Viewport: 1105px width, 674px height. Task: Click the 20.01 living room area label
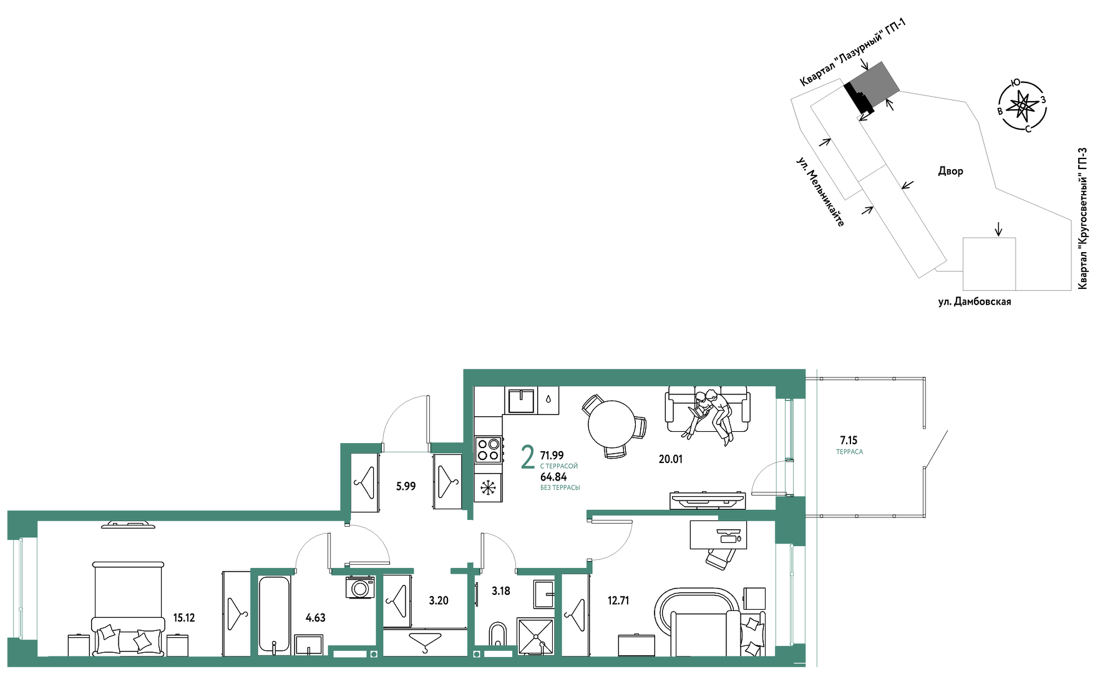coord(671,459)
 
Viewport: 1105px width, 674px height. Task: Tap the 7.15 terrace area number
coord(849,440)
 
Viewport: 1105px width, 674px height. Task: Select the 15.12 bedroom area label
coord(184,618)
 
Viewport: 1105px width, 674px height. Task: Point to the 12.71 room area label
coord(618,600)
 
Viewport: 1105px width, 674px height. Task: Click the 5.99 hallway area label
coord(406,486)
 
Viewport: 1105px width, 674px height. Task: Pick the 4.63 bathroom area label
coord(316,618)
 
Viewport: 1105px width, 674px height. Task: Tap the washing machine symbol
coord(360,587)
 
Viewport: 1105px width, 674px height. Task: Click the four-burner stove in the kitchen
coord(489,449)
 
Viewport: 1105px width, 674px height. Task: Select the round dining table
coord(611,424)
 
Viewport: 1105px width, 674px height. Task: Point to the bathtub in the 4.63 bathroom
coord(274,615)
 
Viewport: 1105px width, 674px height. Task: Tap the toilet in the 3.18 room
coord(497,637)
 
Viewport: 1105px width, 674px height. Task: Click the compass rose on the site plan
coord(1022,106)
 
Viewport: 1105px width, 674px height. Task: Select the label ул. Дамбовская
coord(975,301)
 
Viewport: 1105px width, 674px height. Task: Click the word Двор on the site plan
coord(950,171)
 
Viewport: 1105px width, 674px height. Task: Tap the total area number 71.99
coord(552,456)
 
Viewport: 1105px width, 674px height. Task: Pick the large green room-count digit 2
coord(528,457)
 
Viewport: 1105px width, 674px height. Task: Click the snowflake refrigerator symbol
coord(489,487)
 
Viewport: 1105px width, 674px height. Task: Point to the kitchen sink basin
coord(521,401)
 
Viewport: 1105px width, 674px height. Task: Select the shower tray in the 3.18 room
coord(536,636)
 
